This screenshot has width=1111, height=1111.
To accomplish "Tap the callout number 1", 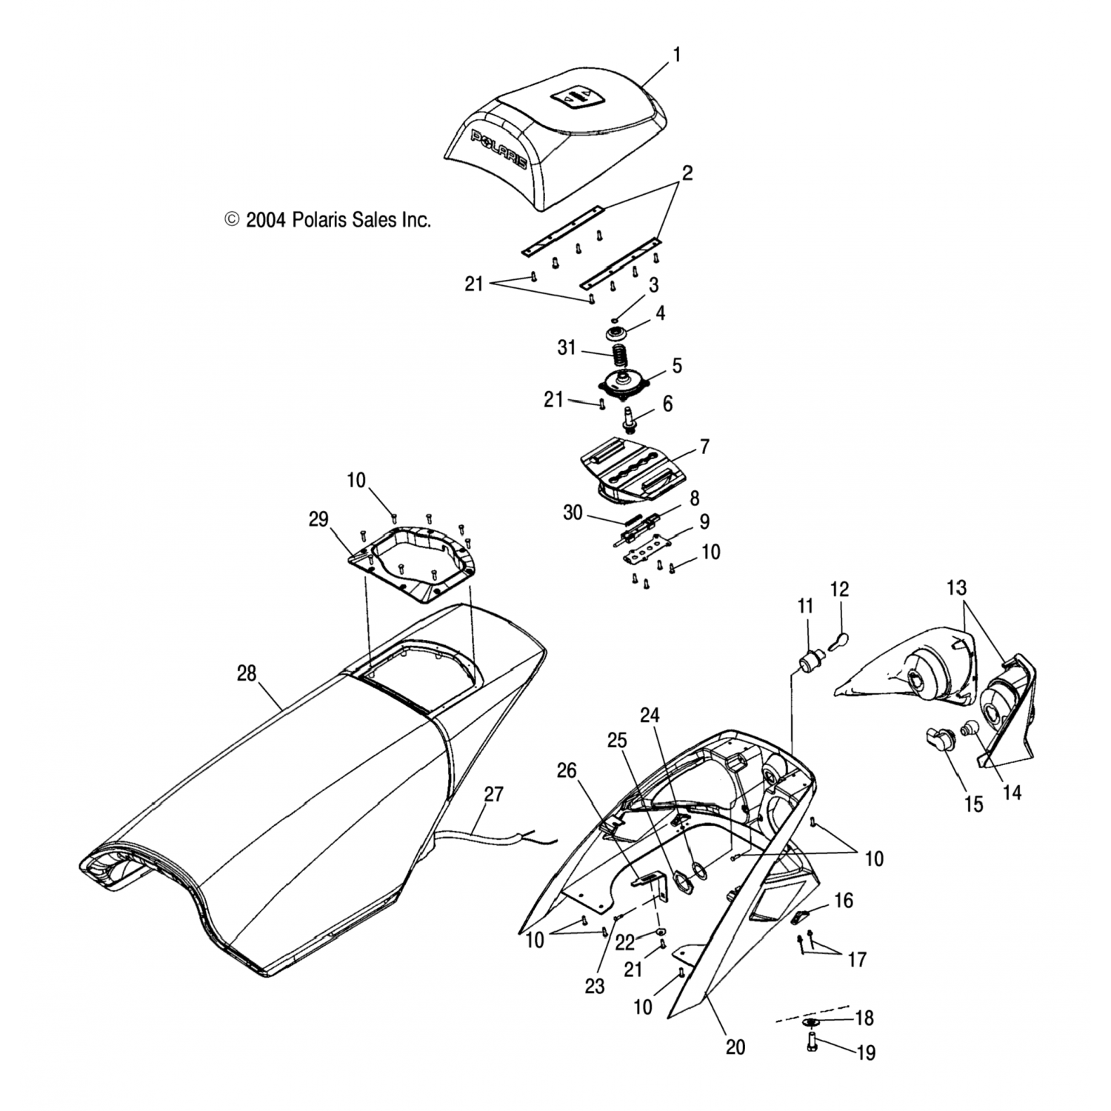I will coord(675,55).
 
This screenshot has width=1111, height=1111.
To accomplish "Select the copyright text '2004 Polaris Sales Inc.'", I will coord(327,220).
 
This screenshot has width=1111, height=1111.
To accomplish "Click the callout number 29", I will coord(318,519).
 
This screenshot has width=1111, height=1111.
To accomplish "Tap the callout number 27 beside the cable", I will coord(493,795).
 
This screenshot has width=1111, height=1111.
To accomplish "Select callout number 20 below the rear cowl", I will coord(735,1047).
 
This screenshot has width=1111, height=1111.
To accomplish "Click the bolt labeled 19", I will coord(812,1045).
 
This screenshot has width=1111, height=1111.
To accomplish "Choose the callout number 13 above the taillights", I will coord(956,588).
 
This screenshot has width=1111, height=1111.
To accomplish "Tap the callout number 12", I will coord(839,590).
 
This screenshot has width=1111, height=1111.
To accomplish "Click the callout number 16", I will coord(844,901).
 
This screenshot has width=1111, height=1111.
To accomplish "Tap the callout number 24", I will coord(650,715).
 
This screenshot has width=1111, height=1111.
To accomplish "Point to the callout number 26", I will coord(567,772).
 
